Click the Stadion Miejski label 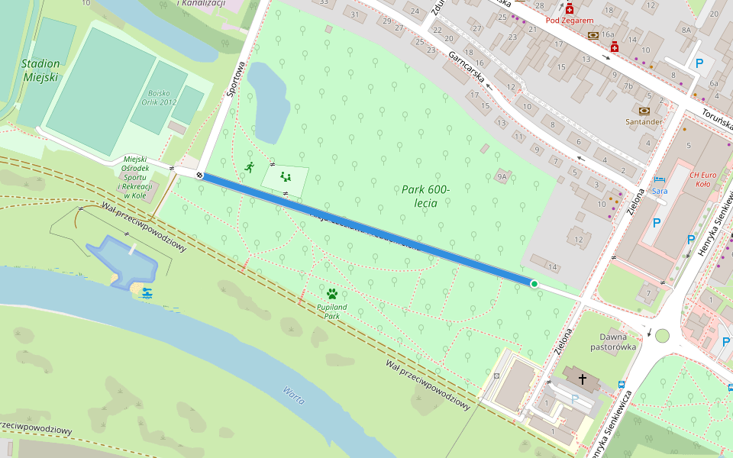[40, 70]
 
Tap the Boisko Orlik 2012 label [158, 98]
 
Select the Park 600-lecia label [425, 195]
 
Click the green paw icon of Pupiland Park [332, 293]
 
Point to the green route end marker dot [534, 284]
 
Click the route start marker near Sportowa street [199, 175]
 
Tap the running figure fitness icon [249, 166]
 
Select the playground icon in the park [286, 176]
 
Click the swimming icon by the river [146, 293]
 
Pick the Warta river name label [294, 394]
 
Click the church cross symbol [583, 378]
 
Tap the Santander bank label [644, 121]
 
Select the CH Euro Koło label [704, 179]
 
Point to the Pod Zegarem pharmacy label [569, 20]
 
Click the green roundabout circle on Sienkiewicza [662, 336]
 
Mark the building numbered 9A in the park [502, 176]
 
